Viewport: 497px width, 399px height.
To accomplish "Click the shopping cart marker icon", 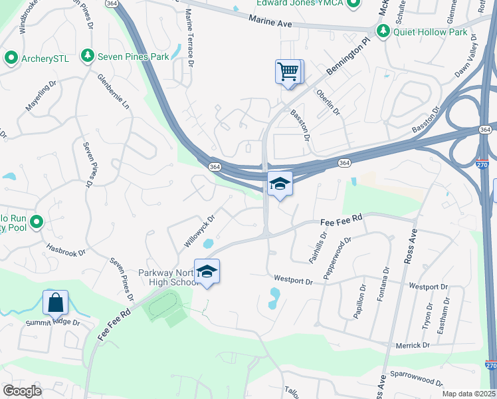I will tap(288, 72).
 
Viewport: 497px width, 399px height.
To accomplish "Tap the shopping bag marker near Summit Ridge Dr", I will tap(56, 303).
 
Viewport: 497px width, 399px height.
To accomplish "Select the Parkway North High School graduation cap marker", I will tap(207, 271).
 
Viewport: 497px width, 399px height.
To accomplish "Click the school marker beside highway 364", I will tap(280, 184).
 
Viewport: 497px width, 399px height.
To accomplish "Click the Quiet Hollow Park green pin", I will tap(383, 31).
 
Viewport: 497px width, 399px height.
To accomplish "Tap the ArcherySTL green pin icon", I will tap(11, 58).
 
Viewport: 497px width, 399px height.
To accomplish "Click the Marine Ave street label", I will tap(270, 23).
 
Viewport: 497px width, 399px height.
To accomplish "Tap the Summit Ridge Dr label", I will tap(52, 323).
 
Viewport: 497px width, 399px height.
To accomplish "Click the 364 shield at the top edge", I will tap(112, 4).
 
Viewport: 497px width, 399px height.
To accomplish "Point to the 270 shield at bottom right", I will tap(490, 366).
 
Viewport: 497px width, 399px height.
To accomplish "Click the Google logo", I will tap(22, 390).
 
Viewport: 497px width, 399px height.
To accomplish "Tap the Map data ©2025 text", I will tap(468, 394).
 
